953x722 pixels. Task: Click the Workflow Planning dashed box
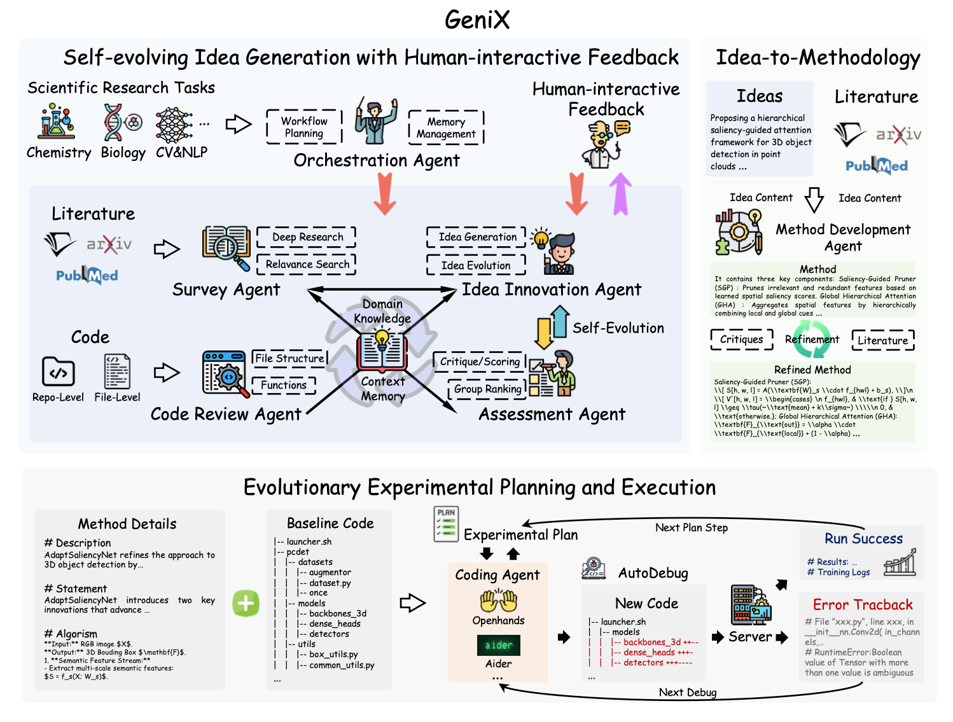304,127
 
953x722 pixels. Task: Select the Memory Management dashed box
446,128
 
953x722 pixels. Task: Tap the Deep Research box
307,237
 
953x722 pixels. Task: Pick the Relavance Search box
307,264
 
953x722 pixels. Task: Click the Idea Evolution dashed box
476,265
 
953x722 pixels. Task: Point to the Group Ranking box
488,389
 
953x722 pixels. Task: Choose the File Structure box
289,358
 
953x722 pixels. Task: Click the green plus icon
246,603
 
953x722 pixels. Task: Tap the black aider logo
499,645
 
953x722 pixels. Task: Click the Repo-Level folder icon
58,371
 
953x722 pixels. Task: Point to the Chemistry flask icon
57,122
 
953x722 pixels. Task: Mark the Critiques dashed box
742,340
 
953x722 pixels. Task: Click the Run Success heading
863,539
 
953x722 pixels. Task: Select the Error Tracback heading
863,605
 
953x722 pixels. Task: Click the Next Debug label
688,692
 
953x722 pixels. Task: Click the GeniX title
477,20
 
